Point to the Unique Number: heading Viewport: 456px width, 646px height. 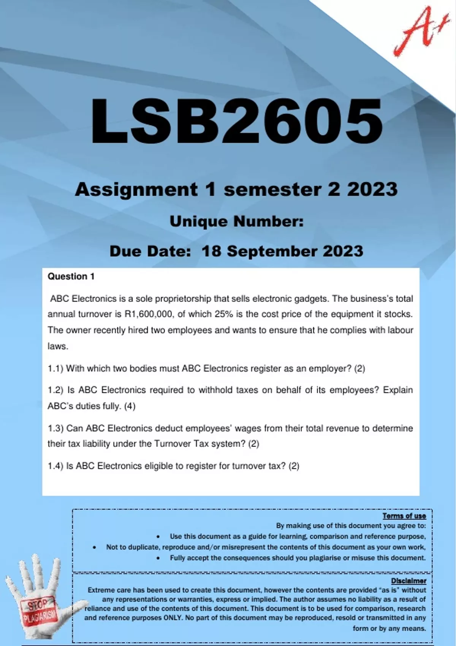pyautogui.click(x=236, y=222)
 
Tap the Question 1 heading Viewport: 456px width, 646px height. pyautogui.click(x=71, y=277)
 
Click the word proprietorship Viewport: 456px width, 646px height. pyautogui.click(x=179, y=299)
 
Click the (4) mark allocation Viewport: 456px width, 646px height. pyautogui.click(x=130, y=406)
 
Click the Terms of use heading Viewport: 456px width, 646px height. pyautogui.click(x=404, y=516)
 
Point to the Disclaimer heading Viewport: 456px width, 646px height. pyautogui.click(x=408, y=581)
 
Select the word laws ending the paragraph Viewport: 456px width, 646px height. pyautogui.click(x=57, y=346)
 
